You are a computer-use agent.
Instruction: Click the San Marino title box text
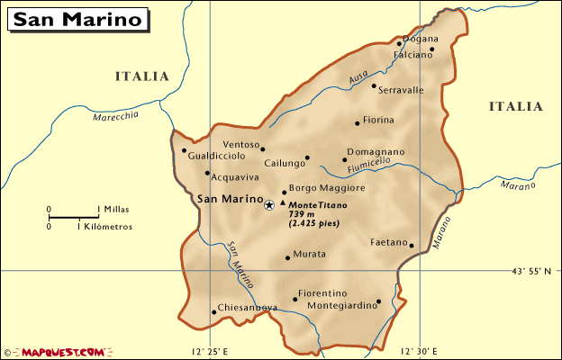(79, 19)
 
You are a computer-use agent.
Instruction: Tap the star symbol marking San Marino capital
(268, 205)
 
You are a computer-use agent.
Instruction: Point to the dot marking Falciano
(432, 49)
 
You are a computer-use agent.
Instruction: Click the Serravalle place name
(402, 90)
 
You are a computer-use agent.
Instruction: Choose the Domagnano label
(376, 152)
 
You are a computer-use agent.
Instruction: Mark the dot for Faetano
(412, 245)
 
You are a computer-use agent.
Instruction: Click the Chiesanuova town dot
(213, 312)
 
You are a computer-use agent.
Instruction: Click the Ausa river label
(358, 81)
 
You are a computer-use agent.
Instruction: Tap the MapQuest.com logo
(54, 351)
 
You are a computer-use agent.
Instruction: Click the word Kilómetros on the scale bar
(104, 227)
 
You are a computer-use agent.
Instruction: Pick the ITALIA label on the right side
(516, 106)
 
